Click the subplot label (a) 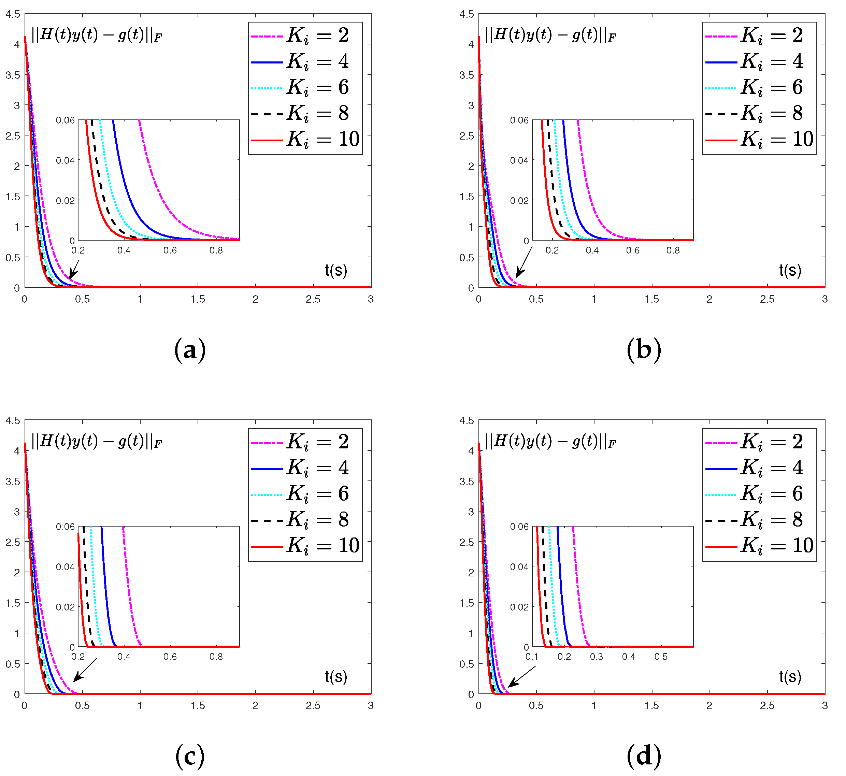[x=190, y=350]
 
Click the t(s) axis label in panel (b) [x=790, y=270]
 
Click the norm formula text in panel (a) [x=97, y=35]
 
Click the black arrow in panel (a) [x=74, y=269]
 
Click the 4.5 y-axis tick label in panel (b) [x=467, y=14]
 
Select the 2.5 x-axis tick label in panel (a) [x=313, y=299]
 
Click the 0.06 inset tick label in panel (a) [x=65, y=120]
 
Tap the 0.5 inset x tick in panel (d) [x=660, y=657]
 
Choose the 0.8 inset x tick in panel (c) [x=216, y=657]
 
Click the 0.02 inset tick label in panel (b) [x=519, y=201]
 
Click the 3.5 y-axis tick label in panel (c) [x=13, y=481]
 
